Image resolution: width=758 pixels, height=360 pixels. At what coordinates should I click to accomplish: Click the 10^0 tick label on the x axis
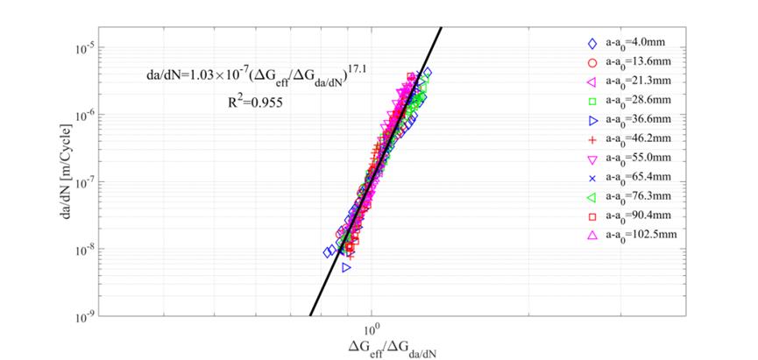pyautogui.click(x=372, y=328)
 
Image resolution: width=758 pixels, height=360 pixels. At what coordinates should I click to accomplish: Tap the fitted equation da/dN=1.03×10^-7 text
pyautogui.click(x=251, y=77)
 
